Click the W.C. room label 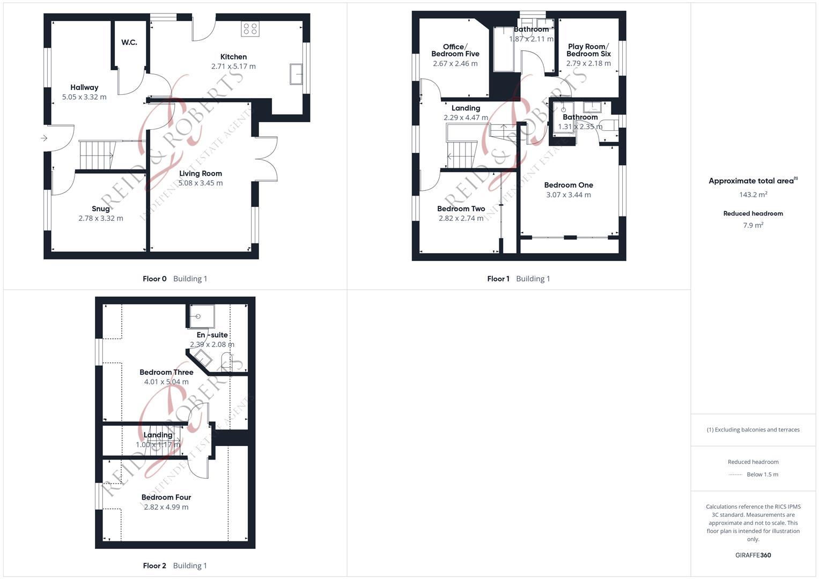click(x=129, y=42)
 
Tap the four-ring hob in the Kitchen click(x=250, y=29)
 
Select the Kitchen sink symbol click(x=296, y=74)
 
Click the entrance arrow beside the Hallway click(x=44, y=138)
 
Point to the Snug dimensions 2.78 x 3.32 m click(x=101, y=218)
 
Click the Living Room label click(x=201, y=173)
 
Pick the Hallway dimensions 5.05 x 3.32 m click(x=84, y=97)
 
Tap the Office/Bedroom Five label click(x=455, y=50)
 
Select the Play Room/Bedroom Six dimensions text click(x=588, y=63)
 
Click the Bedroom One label click(x=569, y=185)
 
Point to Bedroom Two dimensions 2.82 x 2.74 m click(x=461, y=218)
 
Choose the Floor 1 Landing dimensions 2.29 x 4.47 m click(x=466, y=117)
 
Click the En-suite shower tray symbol click(x=202, y=316)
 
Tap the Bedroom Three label click(x=166, y=372)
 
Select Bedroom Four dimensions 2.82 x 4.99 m click(x=166, y=507)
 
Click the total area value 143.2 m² click(x=753, y=195)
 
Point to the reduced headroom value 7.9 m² click(x=753, y=225)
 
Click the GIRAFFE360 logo click(x=753, y=555)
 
